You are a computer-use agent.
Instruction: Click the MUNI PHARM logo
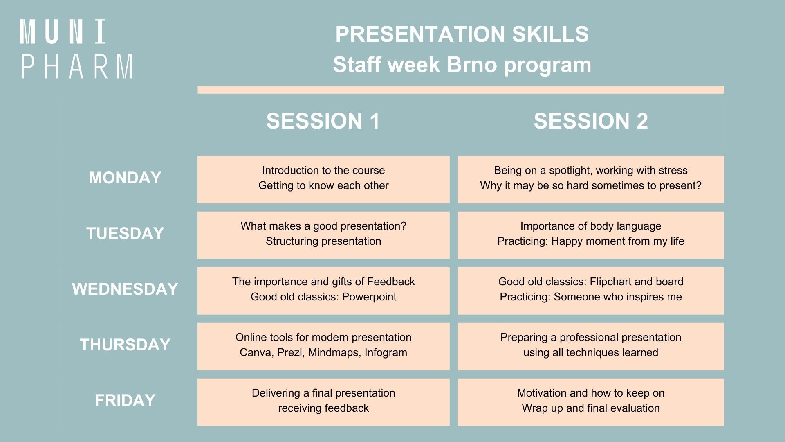[x=76, y=49]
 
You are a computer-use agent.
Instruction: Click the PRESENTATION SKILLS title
[x=462, y=34]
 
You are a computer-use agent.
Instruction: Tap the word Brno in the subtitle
[x=472, y=65]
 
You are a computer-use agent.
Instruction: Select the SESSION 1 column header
[x=323, y=121]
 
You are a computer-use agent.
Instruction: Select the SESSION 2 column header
[x=591, y=121]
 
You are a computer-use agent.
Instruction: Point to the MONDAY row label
[x=125, y=178]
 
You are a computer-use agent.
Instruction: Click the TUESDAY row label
[x=125, y=234]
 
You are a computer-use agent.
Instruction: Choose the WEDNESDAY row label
[x=125, y=289]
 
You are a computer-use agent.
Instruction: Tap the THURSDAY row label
[x=125, y=345]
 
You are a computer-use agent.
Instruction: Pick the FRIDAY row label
[x=125, y=401]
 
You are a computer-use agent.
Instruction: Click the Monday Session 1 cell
[x=323, y=179]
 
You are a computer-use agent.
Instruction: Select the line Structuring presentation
[x=323, y=241]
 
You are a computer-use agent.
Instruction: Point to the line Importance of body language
[x=591, y=226]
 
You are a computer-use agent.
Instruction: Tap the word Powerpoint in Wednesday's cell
[x=369, y=297]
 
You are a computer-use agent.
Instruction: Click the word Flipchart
[x=611, y=282]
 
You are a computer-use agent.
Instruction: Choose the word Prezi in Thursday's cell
[x=289, y=353]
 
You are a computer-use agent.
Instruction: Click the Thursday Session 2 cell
[x=591, y=346]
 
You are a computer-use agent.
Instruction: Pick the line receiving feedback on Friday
[x=323, y=408]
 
